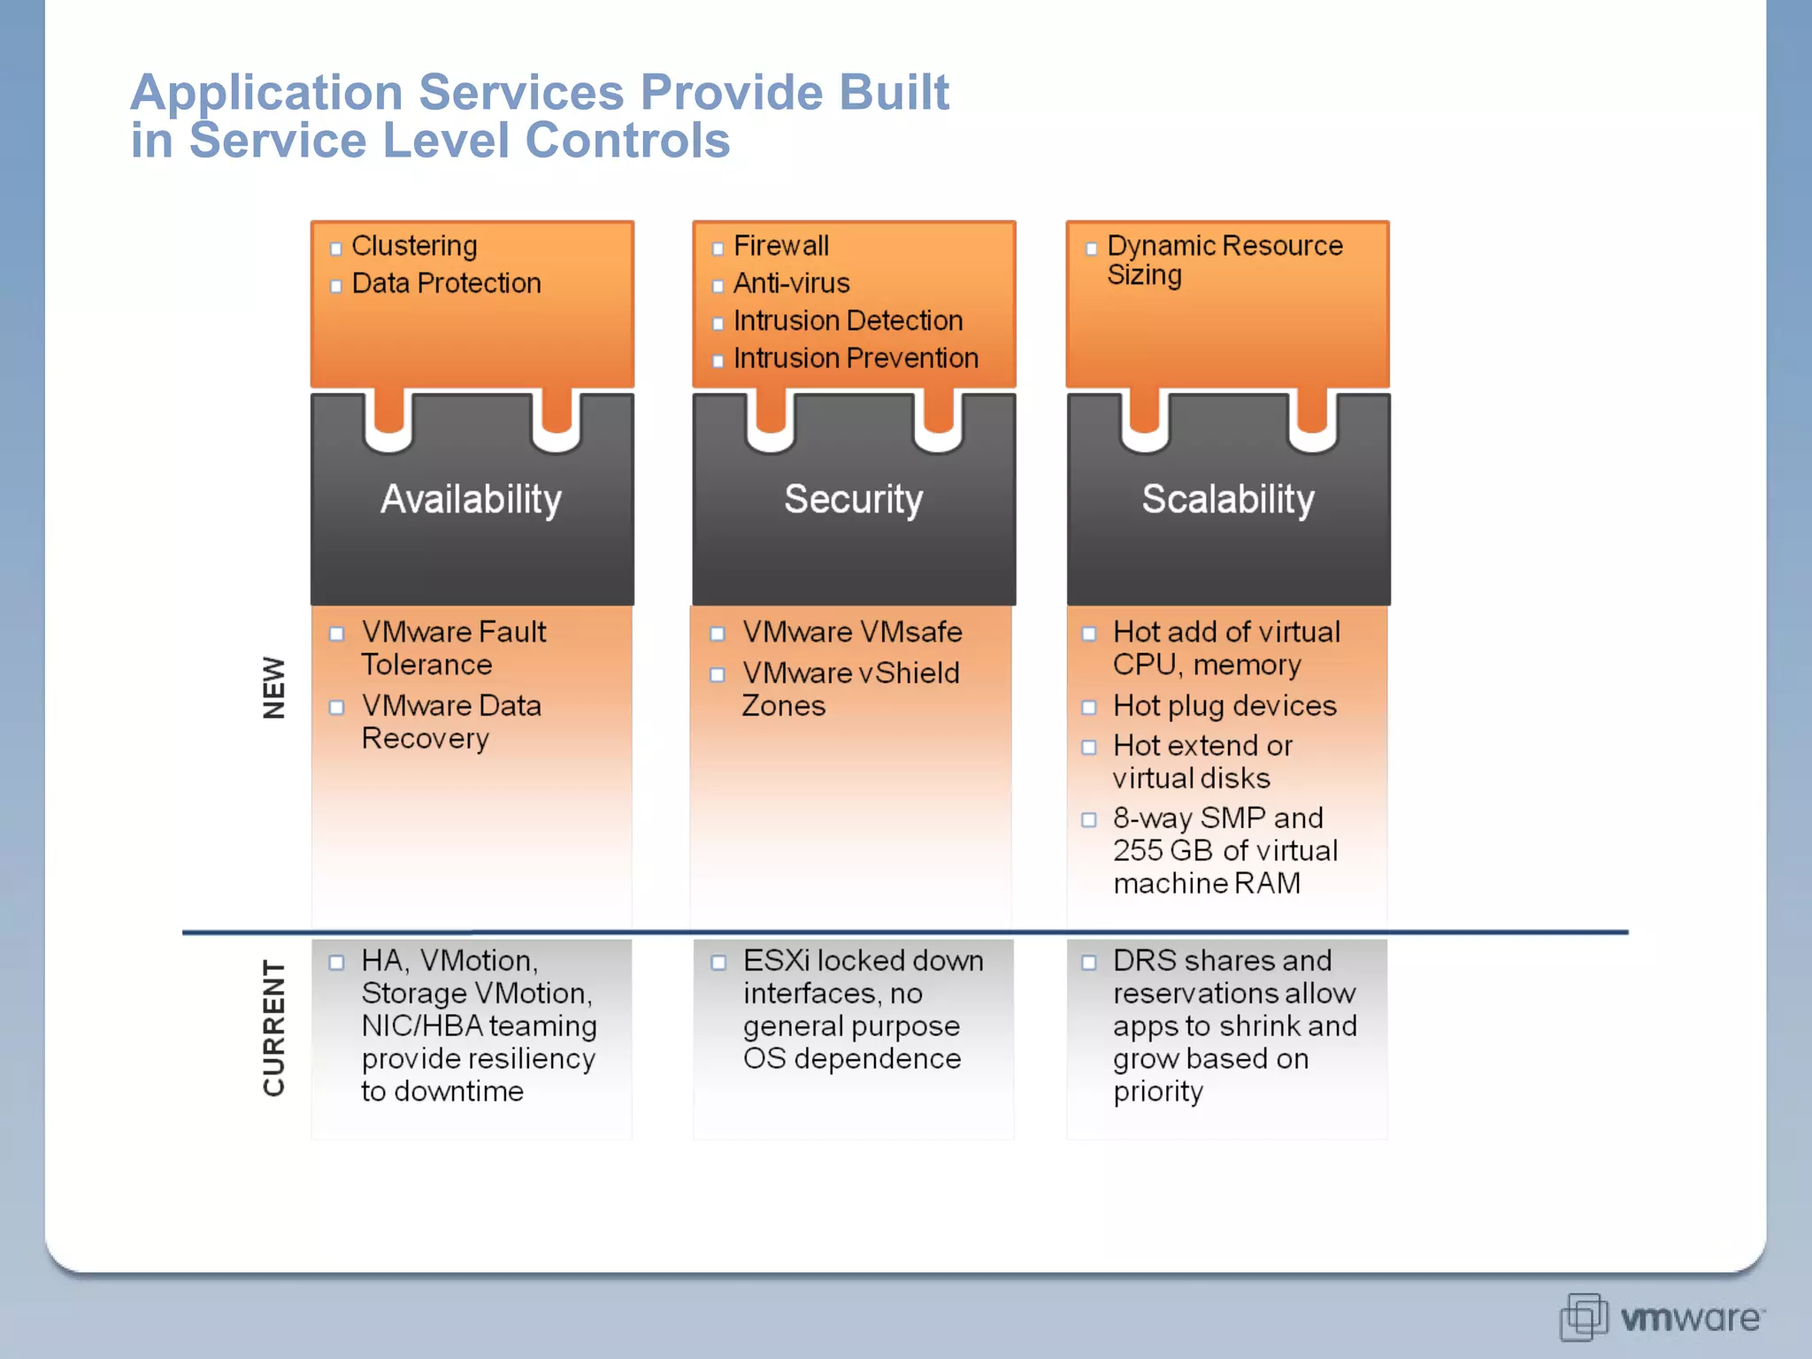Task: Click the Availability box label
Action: [x=471, y=499]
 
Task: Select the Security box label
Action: [x=853, y=499]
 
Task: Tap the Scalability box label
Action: [x=1227, y=499]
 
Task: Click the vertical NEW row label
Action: [x=274, y=687]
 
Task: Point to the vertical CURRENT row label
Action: [x=274, y=1028]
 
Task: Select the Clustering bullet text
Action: [x=414, y=246]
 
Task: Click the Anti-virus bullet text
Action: [x=791, y=283]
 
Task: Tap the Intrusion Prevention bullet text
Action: [x=856, y=358]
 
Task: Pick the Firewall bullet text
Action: [x=780, y=246]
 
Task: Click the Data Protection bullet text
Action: [x=446, y=283]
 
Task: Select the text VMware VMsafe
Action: [x=852, y=632]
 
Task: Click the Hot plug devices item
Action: [x=1225, y=705]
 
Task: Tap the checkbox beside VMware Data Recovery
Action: [x=337, y=707]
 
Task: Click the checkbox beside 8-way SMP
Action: [x=1089, y=819]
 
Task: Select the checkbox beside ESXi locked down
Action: [x=718, y=962]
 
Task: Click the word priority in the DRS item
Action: [x=1157, y=1092]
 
